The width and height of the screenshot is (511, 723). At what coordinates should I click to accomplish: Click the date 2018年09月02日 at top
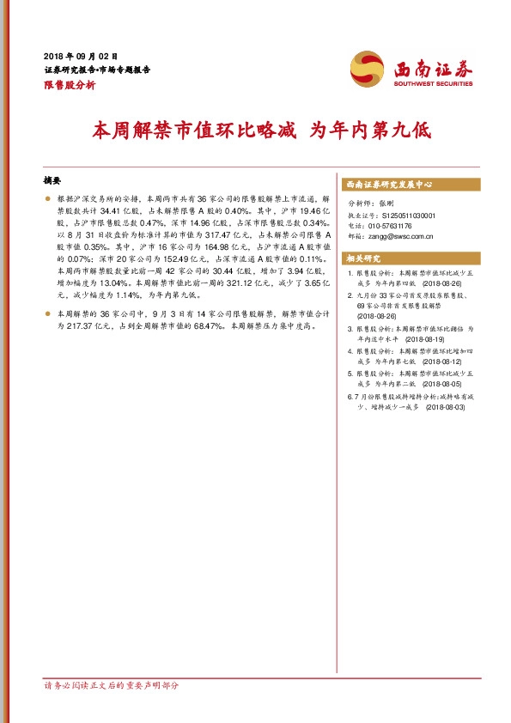[x=79, y=55]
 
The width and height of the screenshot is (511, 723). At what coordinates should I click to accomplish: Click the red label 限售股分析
[x=69, y=85]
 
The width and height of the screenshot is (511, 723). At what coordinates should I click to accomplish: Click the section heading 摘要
[x=52, y=180]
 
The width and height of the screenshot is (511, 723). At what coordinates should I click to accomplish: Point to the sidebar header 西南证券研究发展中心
[x=388, y=185]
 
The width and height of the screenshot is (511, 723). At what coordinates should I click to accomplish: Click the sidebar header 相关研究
[x=362, y=258]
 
